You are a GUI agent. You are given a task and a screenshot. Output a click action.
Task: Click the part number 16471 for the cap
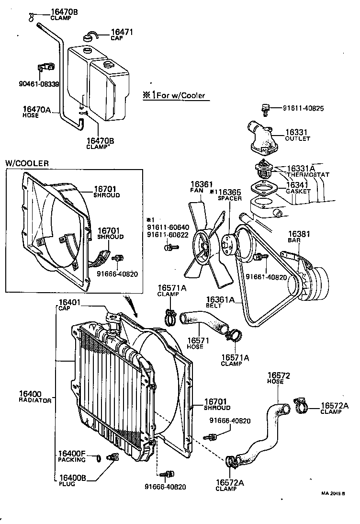point(122,33)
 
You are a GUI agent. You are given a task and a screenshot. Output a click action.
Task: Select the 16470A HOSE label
point(36,112)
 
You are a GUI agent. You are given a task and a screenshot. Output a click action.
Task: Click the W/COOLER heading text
point(27,163)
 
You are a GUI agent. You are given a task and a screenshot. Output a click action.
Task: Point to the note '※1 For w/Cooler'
point(173,95)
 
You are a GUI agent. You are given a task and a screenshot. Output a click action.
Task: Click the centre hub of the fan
point(204,246)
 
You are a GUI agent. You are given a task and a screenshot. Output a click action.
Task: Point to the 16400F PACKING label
point(72,456)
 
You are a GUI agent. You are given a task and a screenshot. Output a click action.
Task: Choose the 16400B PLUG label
point(72,479)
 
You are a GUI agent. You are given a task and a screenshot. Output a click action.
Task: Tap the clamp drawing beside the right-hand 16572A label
point(301,406)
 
